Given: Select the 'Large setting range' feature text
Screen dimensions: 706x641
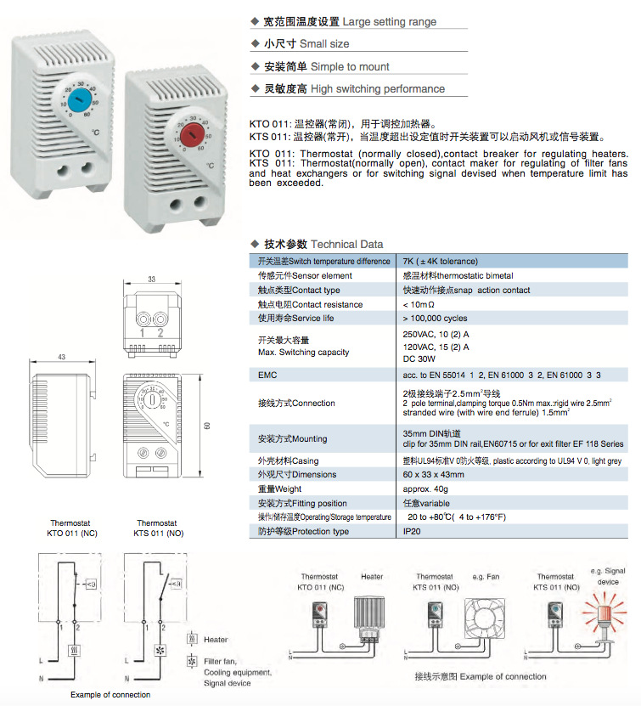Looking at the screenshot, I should (389, 21).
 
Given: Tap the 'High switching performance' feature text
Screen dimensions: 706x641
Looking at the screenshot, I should (377, 88).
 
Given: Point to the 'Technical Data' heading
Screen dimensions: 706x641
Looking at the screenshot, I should (346, 244).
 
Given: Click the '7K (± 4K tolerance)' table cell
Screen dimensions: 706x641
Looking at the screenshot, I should (440, 261).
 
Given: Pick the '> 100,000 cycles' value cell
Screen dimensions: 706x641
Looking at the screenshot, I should (435, 318).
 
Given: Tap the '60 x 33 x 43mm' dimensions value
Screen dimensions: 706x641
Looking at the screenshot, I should (433, 474).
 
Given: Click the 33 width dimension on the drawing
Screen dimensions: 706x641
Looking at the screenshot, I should (151, 279).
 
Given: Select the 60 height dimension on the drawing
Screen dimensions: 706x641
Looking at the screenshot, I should (207, 425).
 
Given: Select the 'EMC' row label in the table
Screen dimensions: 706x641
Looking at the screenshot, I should (267, 374).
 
